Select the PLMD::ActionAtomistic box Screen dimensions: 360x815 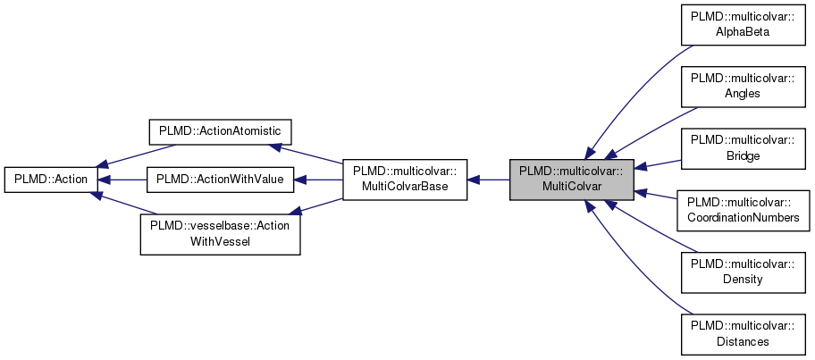(x=220, y=131)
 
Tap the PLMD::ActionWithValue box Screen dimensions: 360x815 (x=220, y=180)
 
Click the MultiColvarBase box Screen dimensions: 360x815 (x=406, y=179)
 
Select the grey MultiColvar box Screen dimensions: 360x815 (x=572, y=179)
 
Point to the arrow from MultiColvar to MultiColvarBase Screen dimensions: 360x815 (x=489, y=180)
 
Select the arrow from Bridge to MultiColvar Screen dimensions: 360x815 (x=659, y=164)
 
